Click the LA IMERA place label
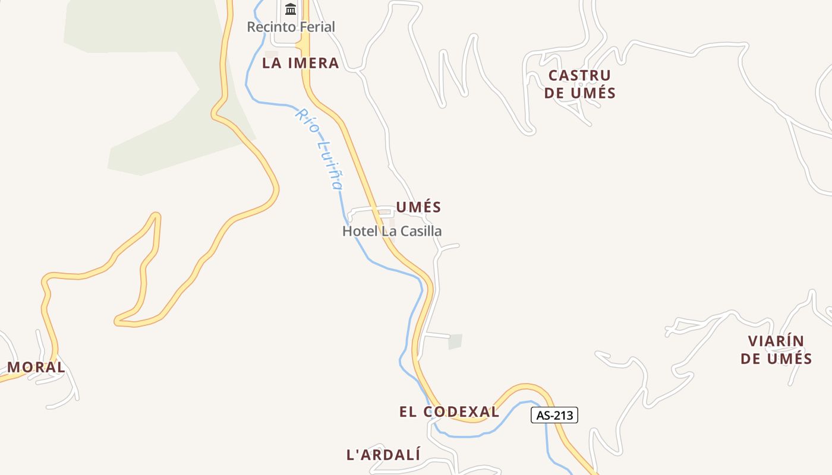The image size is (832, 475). click(x=300, y=63)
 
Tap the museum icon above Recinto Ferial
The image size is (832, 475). click(x=291, y=9)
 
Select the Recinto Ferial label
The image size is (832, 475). click(x=291, y=27)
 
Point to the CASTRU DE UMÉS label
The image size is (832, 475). click(x=579, y=84)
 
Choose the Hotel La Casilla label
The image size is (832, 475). click(x=392, y=231)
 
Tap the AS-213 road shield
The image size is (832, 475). click(x=554, y=415)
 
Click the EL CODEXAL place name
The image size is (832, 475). click(x=449, y=411)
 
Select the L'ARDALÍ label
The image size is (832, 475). click(x=383, y=455)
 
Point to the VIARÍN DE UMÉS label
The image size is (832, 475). click(x=776, y=350)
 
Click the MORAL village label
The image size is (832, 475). click(x=36, y=367)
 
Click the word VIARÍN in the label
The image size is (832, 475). click(x=776, y=341)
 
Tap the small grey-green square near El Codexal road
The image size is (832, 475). click(x=455, y=341)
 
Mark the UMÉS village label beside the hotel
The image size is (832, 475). click(x=418, y=207)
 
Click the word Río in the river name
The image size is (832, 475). click(x=305, y=121)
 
